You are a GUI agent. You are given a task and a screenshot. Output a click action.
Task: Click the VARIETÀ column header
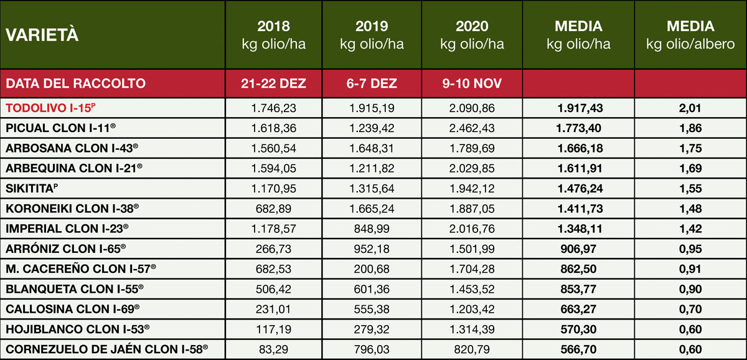click(x=42, y=36)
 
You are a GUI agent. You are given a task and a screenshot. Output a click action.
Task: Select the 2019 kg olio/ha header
click(x=372, y=35)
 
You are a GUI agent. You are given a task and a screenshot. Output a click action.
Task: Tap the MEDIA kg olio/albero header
click(x=690, y=35)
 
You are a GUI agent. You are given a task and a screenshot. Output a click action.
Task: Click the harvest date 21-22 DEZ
click(x=274, y=83)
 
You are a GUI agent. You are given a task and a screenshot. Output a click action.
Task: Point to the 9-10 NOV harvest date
click(x=471, y=83)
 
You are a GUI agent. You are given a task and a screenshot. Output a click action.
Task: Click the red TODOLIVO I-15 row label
click(x=50, y=108)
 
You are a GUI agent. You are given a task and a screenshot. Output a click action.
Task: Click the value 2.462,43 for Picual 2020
click(x=472, y=128)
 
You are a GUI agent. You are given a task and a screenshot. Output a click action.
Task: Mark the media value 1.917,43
click(x=578, y=108)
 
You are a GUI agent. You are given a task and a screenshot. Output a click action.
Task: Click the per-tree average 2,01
click(x=690, y=108)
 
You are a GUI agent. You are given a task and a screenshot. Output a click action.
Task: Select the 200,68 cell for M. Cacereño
click(x=372, y=268)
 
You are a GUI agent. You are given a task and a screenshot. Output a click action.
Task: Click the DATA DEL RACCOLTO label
click(x=75, y=83)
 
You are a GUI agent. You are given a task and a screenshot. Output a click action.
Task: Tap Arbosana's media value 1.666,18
click(x=578, y=148)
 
